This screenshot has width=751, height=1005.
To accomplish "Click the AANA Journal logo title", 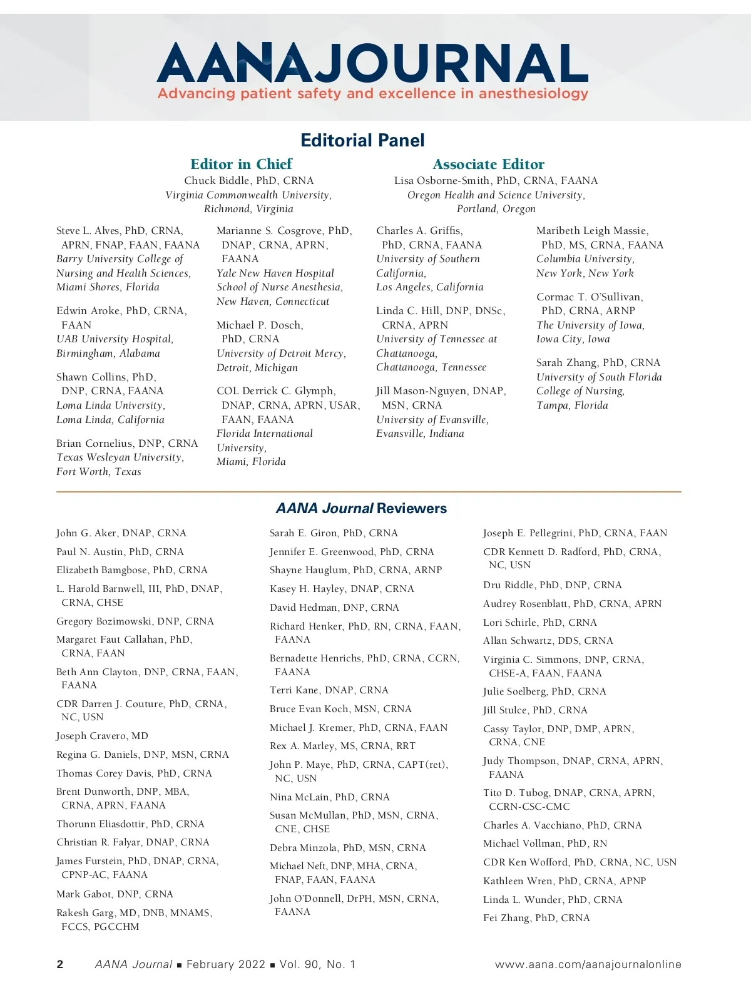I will click(372, 63).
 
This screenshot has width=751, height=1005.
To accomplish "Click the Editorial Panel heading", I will click(362, 140).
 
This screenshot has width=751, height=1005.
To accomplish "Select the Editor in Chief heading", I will click(241, 164).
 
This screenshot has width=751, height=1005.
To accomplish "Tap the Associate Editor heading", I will click(488, 164).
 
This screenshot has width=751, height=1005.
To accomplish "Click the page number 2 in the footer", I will click(60, 964).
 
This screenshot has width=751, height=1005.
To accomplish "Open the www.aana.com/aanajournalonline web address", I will click(588, 964).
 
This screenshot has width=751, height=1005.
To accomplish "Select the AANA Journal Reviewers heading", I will click(361, 508).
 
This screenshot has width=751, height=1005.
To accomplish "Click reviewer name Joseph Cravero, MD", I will click(102, 736).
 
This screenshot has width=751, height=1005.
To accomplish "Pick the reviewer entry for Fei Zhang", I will click(536, 918).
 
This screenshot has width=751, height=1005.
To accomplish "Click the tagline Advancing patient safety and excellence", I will click(372, 94).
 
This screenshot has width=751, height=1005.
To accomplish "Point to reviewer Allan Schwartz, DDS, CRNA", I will click(548, 641).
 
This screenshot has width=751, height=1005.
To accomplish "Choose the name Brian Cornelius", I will click(95, 444).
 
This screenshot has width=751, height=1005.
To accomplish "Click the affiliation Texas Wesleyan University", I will click(120, 457).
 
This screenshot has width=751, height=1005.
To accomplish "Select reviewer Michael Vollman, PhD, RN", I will click(545, 844).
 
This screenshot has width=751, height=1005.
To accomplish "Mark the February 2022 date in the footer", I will click(225, 964).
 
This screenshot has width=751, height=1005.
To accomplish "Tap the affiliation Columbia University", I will click(585, 259).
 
